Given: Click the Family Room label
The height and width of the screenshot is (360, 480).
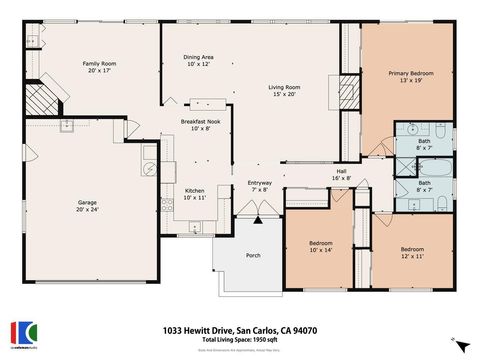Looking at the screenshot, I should click(99, 67).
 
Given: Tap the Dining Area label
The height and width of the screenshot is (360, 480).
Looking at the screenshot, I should click(198, 61).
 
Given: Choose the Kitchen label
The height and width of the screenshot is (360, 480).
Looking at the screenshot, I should click(194, 193).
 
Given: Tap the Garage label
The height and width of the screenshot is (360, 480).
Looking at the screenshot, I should click(88, 205).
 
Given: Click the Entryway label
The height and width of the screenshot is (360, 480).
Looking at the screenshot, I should click(260, 186).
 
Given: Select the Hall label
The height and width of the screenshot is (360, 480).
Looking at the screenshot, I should click(341, 175).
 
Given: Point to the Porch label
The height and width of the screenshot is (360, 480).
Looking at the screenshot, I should click(253, 255).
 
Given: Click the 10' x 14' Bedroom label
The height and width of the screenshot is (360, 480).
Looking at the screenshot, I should click(321, 246).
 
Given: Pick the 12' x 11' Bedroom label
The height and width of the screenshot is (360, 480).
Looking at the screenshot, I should click(413, 251).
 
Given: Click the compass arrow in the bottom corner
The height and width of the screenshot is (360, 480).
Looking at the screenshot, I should click(460, 345).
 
